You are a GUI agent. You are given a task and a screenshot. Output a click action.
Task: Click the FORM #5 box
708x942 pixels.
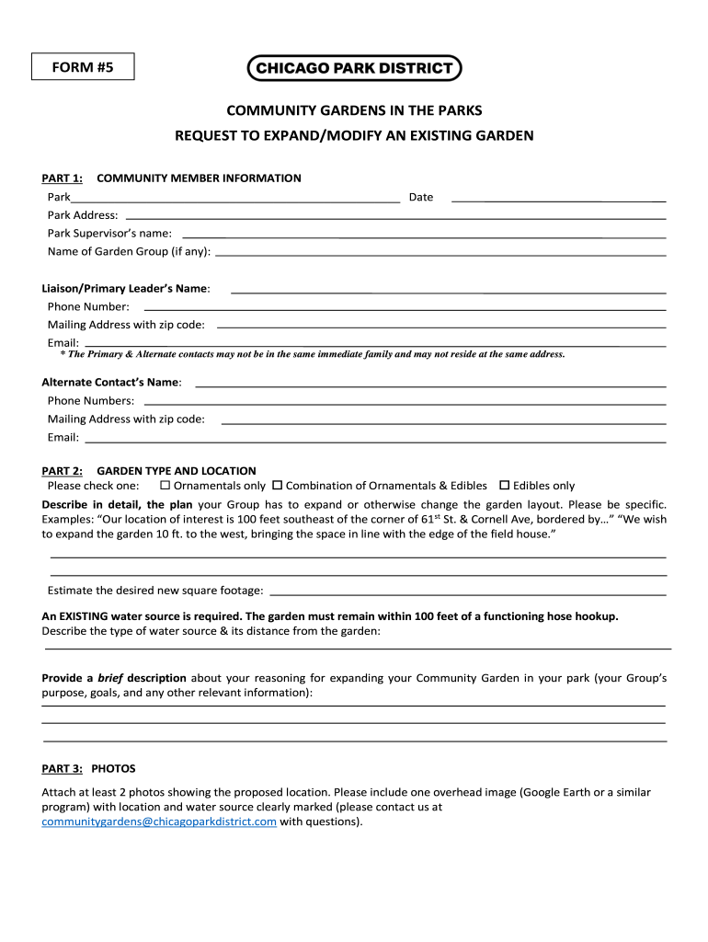pyautogui.click(x=82, y=67)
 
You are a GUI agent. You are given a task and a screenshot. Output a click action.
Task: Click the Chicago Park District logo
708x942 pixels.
pyautogui.click(x=354, y=67)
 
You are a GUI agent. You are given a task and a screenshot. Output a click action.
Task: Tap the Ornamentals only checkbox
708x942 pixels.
pyautogui.click(x=166, y=485)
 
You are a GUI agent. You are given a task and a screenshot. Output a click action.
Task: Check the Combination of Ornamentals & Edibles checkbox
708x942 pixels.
pyautogui.click(x=278, y=485)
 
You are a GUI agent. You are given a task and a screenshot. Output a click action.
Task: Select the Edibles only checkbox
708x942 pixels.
pyautogui.click(x=504, y=485)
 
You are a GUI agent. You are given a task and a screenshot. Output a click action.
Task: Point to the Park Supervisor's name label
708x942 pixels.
pyautogui.click(x=109, y=233)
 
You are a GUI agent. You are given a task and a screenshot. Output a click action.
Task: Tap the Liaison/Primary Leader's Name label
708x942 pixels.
pyautogui.click(x=126, y=288)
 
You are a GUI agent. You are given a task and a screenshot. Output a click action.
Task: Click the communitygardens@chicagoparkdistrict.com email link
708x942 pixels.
pyautogui.click(x=159, y=822)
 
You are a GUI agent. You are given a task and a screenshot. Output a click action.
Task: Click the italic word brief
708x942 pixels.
pyautogui.click(x=111, y=678)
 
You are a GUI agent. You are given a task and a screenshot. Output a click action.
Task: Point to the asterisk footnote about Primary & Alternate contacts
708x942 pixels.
pyautogui.click(x=313, y=354)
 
